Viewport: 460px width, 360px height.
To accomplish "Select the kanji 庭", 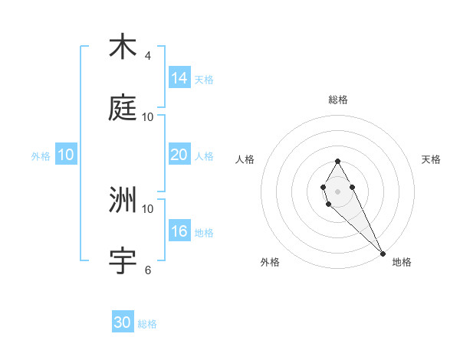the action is tap(123, 108).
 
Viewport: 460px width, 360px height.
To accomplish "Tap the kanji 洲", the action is tap(123, 200).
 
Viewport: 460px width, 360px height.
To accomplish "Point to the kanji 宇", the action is tap(123, 260).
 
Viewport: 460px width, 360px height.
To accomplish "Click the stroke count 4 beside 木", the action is tap(148, 56).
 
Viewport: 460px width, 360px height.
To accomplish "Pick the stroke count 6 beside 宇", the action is tap(148, 270).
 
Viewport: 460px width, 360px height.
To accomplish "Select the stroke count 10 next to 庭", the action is tap(148, 117).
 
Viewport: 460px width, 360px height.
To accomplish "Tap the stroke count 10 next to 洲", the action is tap(148, 208).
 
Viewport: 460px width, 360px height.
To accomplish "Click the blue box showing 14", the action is tap(179, 78).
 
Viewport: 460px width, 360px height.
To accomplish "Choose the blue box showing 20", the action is tap(179, 155).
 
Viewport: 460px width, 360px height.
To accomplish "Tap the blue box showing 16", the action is tap(179, 231).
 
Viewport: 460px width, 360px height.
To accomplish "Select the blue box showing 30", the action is tap(123, 322).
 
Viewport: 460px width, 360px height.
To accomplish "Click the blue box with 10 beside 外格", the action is tap(66, 155).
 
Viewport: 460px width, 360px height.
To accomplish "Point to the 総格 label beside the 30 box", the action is tap(147, 324).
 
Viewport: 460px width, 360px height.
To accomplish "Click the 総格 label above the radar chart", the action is tap(338, 100).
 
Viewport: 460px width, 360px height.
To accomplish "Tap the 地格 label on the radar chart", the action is tap(402, 262).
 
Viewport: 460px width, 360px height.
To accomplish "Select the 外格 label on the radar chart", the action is tap(270, 262).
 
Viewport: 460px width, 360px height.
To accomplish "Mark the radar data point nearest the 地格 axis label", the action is tap(383, 253).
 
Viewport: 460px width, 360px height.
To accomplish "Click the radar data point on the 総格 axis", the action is tap(337, 161).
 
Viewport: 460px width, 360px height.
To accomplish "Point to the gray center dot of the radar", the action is tap(337, 191).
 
